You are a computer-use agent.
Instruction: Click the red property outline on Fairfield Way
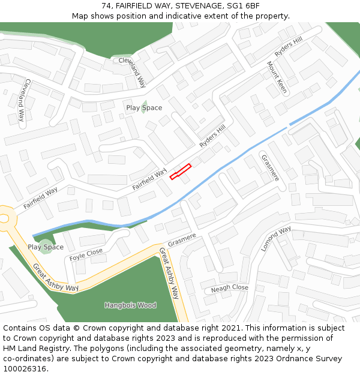180,171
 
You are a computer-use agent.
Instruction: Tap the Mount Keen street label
277,77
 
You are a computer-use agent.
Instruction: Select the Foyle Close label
86,255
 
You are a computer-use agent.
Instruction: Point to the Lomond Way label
276,238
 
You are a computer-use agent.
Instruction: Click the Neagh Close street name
229,289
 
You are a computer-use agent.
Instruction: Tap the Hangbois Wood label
130,305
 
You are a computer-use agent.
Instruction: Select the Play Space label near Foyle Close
46,247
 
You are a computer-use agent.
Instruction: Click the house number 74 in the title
106,6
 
